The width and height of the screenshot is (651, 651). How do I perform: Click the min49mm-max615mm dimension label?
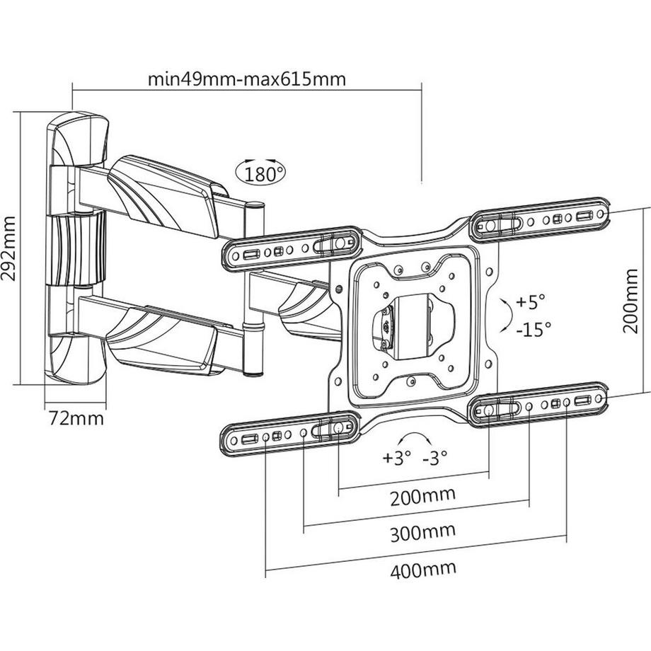coord(247,79)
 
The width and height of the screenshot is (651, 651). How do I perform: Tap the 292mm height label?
coord(8,248)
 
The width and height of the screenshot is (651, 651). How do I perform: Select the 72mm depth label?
coord(76,418)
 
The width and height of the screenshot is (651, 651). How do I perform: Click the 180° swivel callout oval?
coord(260,173)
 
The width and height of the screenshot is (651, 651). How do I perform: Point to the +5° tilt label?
coord(530,302)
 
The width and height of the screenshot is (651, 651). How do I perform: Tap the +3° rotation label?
coord(396,458)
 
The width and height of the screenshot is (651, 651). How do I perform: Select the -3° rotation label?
coord(435,458)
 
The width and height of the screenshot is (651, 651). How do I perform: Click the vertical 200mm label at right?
coord(630,300)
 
